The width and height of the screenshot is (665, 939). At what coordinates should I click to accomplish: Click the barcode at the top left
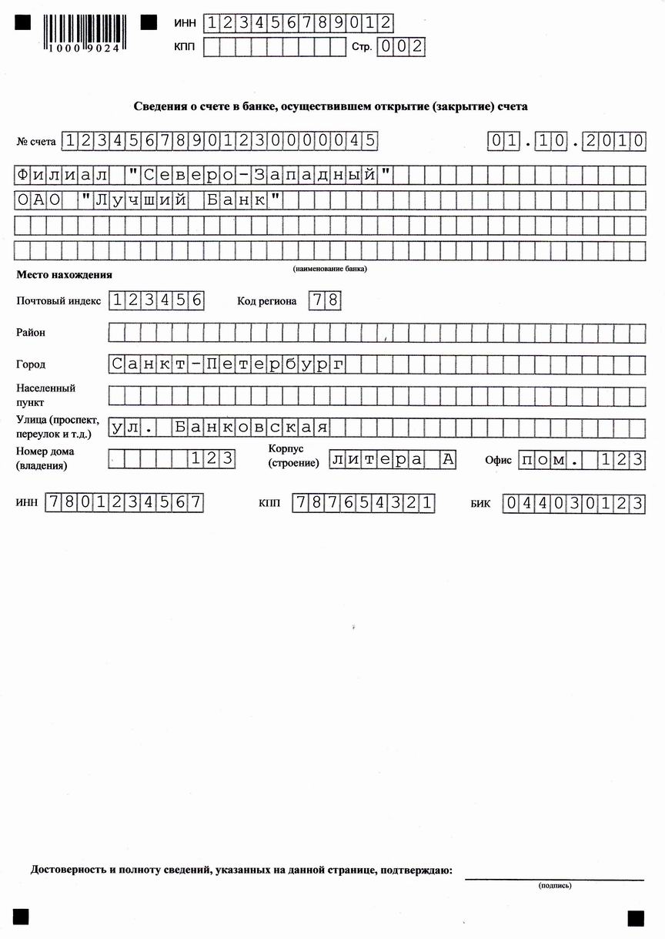coord(82,32)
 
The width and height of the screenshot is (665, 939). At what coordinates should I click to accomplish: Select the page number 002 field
coord(400,46)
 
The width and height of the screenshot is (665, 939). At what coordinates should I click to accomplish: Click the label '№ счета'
coord(36,142)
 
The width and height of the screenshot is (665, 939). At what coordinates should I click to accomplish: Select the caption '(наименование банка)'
coord(329,269)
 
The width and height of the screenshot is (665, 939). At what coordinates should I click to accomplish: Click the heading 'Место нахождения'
coord(64,274)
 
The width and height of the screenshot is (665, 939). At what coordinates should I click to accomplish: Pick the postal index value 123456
coord(156,300)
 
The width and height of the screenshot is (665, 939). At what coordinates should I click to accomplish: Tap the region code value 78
coord(324,300)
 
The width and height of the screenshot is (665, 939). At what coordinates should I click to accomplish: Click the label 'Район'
coord(31,333)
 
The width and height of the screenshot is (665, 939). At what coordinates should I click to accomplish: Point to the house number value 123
coord(212,459)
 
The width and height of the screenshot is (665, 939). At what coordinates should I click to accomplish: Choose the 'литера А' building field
coord(393,459)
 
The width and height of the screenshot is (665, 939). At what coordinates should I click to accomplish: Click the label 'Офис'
coord(498,460)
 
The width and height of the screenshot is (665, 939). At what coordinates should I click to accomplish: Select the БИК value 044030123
coord(573,505)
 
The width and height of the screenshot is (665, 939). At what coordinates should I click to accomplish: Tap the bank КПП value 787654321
coord(364,504)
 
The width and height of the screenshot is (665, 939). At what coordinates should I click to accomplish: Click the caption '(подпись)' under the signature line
coord(554,886)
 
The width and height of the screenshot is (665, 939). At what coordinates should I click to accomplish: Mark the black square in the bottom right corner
coord(635,918)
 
